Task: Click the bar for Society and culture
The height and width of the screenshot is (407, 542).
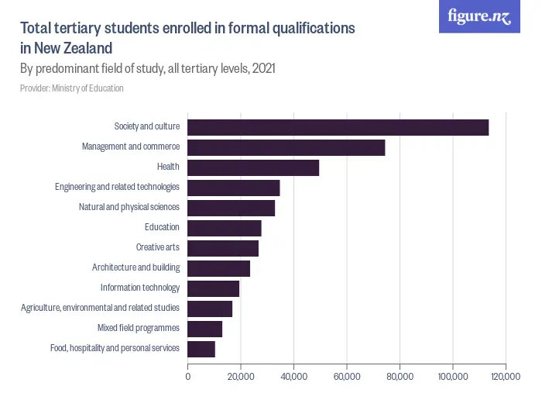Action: pos(338,127)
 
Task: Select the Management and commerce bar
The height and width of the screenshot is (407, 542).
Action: pos(286,147)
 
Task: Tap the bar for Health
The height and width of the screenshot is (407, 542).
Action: pos(253,167)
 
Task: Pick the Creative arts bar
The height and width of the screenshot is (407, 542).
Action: pos(223,248)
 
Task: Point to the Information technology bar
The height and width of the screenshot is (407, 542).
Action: pos(214,288)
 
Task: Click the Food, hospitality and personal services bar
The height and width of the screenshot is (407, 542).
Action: pos(201,349)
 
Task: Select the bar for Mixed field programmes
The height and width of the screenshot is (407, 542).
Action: pos(205,329)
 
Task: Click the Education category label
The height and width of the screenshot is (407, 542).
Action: pos(162,227)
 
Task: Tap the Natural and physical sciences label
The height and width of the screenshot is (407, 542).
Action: pos(129,207)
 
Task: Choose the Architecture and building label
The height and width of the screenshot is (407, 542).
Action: pos(135,267)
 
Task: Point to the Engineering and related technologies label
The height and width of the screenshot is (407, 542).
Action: pos(117,187)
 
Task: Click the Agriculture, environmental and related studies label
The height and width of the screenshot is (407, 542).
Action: pos(100,308)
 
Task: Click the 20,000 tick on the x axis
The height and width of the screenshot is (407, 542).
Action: pos(241,377)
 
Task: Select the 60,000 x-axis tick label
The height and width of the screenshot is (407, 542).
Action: pos(346,377)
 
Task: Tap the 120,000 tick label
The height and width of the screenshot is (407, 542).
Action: pos(505,377)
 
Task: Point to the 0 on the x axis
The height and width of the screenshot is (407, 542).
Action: pos(187,377)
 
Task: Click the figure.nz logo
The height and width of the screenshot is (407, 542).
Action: pos(479,16)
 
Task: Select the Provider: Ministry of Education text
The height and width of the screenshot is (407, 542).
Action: pos(72,88)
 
